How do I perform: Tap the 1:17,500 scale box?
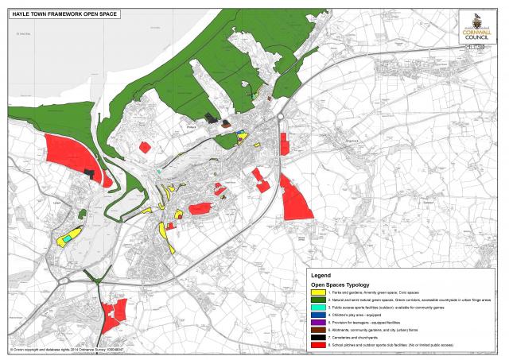coord(475,48)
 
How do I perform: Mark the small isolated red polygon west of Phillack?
coord(145,147)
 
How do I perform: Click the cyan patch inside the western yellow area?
coord(70,236)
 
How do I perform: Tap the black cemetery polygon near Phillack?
coord(210,118)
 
